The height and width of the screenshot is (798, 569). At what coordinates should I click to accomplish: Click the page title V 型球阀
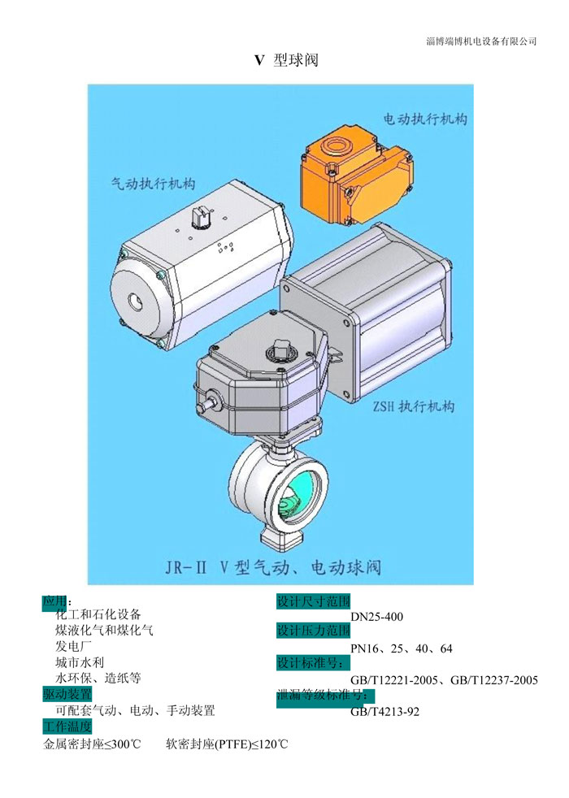[x=286, y=60]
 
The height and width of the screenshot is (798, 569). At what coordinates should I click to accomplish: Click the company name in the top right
[x=481, y=41]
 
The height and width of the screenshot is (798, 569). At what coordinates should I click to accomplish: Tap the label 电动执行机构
[x=425, y=119]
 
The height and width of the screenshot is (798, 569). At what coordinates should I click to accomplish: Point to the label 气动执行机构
[x=153, y=183]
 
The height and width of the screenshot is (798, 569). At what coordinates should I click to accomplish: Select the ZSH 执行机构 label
[x=413, y=406]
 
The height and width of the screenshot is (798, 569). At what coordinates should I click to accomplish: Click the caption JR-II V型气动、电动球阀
[x=273, y=567]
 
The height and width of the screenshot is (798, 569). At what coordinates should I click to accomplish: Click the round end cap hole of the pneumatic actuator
[x=136, y=301]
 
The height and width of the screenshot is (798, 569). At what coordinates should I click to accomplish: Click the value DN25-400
[x=376, y=617]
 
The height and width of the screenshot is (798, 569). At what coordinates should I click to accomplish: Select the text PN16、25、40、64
[x=402, y=649]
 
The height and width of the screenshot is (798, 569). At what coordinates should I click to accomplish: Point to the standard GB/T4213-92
[x=384, y=712]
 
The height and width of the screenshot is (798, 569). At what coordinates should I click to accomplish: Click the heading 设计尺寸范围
[x=314, y=601]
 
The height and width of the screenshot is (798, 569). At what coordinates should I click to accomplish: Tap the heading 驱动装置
[x=67, y=694]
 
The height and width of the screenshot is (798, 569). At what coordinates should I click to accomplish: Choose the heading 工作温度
[x=67, y=726]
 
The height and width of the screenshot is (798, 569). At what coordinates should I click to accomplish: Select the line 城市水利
[x=80, y=662]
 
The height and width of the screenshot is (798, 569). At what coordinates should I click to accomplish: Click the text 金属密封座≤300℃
[x=92, y=744]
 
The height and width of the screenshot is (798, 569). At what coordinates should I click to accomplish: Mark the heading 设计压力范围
[x=314, y=631]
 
